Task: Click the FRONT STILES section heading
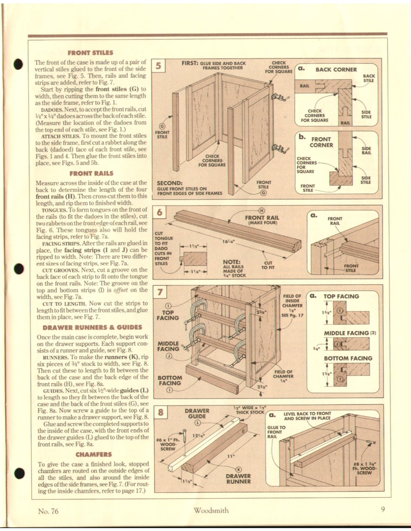point(90,53)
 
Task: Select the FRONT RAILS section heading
point(90,173)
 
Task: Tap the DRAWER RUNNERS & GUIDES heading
point(90,327)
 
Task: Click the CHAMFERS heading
point(90,454)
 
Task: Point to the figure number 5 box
point(159,66)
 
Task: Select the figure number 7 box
point(159,292)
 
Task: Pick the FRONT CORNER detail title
point(320,141)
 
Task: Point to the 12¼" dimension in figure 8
point(197,436)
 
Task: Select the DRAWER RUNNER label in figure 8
point(238,478)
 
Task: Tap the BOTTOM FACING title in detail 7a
point(348,358)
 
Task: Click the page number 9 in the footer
point(382,510)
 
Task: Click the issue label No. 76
point(48,510)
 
